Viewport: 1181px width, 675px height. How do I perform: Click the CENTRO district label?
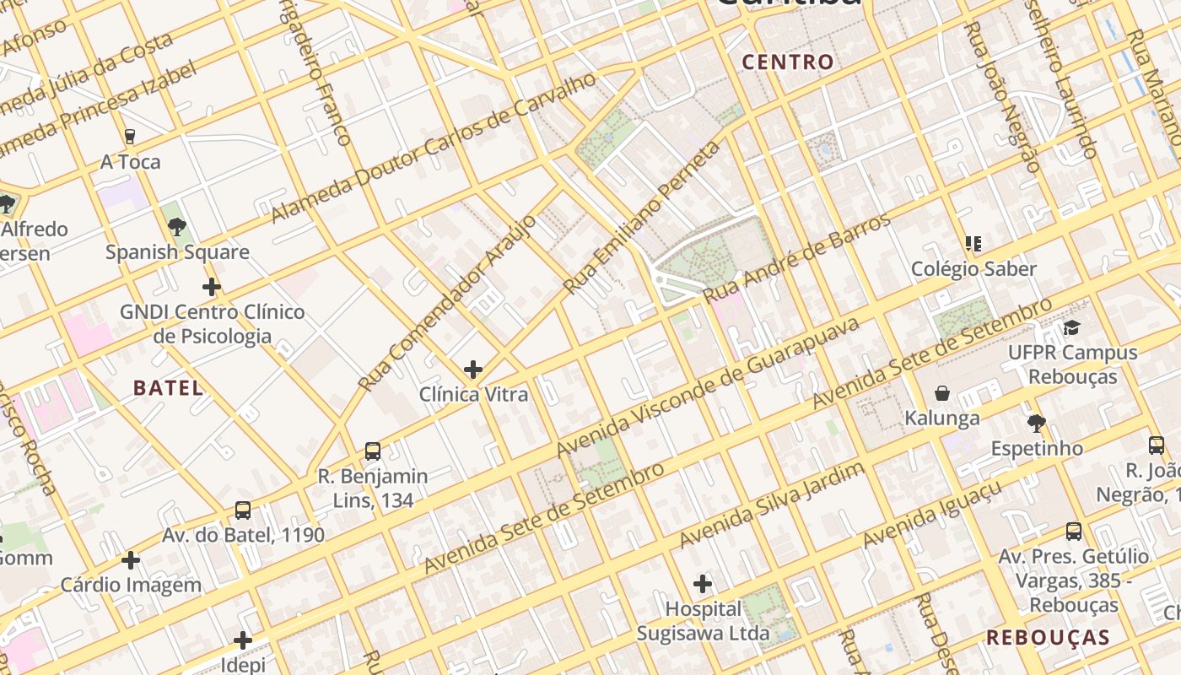787,62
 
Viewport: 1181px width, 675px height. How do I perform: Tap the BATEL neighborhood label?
169,388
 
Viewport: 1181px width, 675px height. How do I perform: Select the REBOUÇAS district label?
1048,637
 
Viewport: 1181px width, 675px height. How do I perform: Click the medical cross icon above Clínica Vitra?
473,369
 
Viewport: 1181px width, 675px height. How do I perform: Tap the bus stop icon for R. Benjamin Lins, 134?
373,451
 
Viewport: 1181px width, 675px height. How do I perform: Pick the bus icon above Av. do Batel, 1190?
243,510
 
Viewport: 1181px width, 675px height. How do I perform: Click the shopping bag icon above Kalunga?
942,393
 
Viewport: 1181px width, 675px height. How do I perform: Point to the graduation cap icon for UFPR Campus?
1071,327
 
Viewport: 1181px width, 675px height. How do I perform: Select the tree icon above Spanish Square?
176,226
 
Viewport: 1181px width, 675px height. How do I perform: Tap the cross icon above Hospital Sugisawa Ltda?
702,583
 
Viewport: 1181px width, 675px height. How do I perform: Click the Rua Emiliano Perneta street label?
643,217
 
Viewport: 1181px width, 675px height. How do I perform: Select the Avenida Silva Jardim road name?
772,504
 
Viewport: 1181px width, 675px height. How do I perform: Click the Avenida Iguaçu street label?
932,514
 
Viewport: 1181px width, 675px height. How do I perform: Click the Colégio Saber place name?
973,269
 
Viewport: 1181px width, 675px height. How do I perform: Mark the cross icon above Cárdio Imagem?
131,560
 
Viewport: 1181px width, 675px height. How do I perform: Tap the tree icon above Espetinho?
1037,424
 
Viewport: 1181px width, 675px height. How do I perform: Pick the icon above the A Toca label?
130,137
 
